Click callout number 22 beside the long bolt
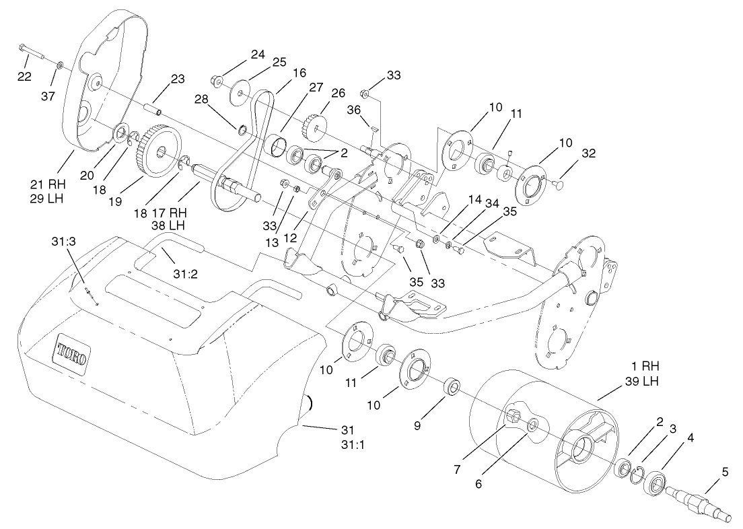(x=24, y=77)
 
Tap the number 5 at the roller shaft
(x=725, y=472)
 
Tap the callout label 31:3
(x=65, y=241)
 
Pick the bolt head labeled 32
(x=559, y=182)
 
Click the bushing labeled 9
(x=453, y=388)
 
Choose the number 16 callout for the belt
(x=299, y=72)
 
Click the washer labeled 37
(x=60, y=65)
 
